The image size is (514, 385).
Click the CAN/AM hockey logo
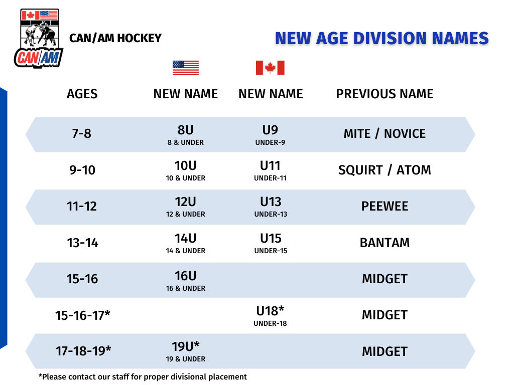click(x=39, y=38)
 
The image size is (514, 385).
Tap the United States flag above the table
click(x=186, y=68)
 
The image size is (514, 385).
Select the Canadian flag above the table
click(x=270, y=68)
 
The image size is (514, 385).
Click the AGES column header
click(x=82, y=94)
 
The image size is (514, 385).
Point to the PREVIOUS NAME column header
click(x=384, y=94)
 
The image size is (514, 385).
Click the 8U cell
click(x=186, y=134)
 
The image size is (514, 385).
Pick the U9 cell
click(x=270, y=134)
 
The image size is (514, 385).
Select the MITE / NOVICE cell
click(x=384, y=133)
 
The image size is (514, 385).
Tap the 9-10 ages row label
click(x=82, y=170)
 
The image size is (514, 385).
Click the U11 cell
click(x=270, y=170)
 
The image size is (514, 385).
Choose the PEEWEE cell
click(x=384, y=206)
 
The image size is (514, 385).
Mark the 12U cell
click(x=186, y=207)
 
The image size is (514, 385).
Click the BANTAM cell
click(x=384, y=243)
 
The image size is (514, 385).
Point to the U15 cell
click(x=271, y=243)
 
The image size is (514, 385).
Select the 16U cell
click(x=186, y=281)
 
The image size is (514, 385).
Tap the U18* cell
click(x=270, y=316)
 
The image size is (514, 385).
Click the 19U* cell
click(x=186, y=351)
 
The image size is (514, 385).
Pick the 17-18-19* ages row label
click(x=83, y=351)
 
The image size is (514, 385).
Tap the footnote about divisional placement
click(x=143, y=377)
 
